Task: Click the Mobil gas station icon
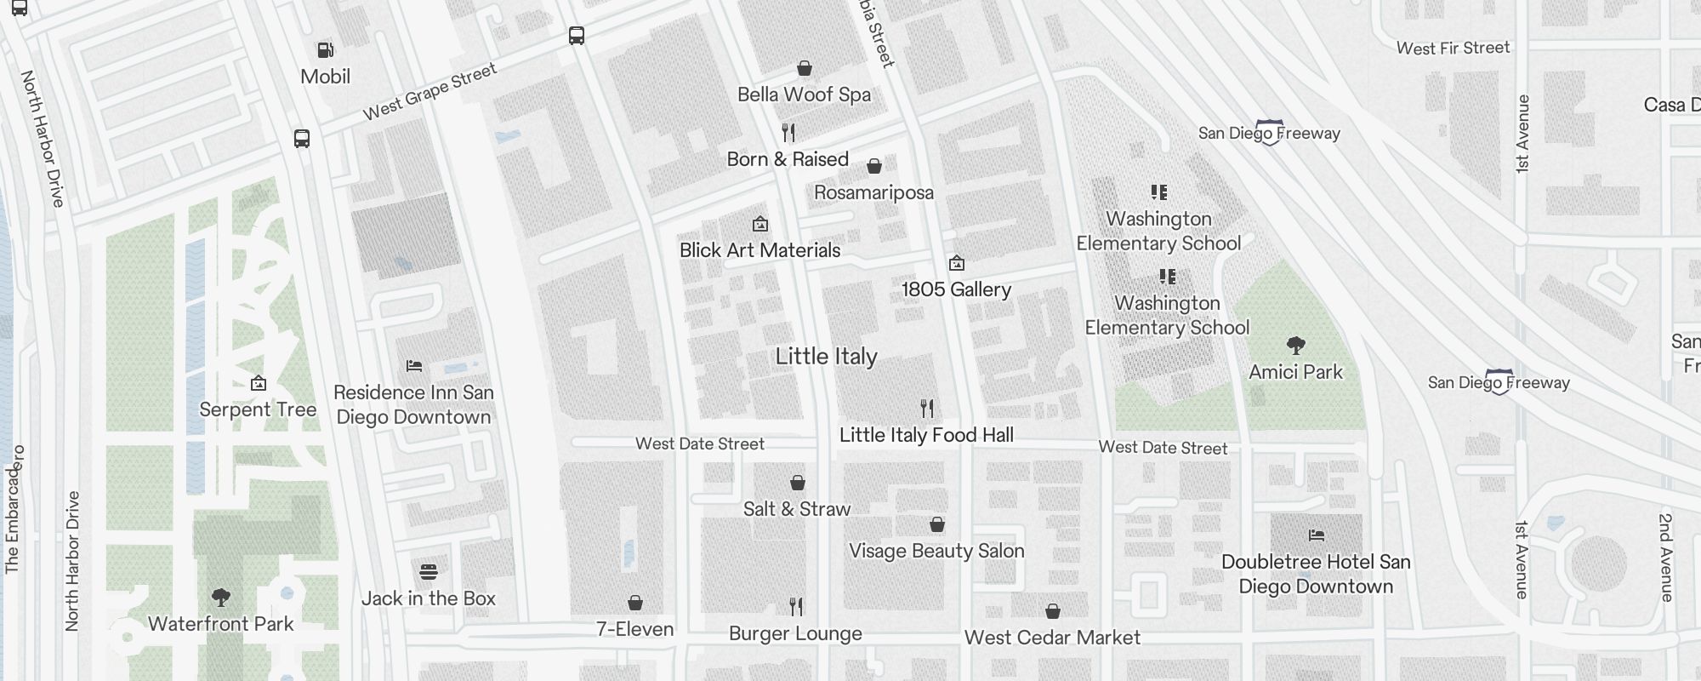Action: click(x=325, y=50)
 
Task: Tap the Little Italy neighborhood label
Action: click(x=826, y=357)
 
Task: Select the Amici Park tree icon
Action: click(x=1295, y=345)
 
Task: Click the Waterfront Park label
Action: click(x=220, y=624)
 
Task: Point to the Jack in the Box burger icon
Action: click(x=429, y=571)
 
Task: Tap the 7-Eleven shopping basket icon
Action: click(x=634, y=603)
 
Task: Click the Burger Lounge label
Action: click(x=795, y=633)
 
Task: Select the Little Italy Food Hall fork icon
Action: click(x=927, y=409)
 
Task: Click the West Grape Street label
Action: click(x=430, y=92)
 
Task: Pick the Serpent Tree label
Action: click(x=258, y=409)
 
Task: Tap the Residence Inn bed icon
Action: click(x=414, y=366)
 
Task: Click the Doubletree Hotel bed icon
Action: click(x=1316, y=535)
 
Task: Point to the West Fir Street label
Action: click(x=1453, y=49)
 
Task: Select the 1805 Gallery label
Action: click(x=956, y=289)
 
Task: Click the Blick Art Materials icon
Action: click(x=759, y=224)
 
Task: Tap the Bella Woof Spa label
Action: click(x=804, y=94)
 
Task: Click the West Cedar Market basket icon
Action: click(x=1052, y=611)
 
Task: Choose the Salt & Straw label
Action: click(x=796, y=509)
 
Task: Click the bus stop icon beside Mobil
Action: click(x=302, y=138)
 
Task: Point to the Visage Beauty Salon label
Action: click(x=936, y=551)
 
